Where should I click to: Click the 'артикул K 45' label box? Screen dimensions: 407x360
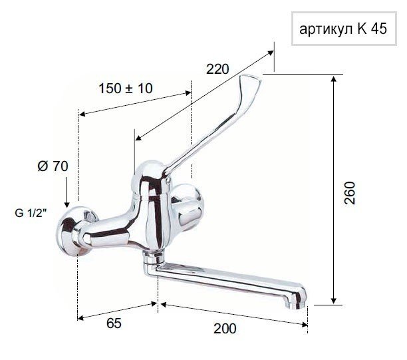point(344,29)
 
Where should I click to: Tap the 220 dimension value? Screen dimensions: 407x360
point(217,69)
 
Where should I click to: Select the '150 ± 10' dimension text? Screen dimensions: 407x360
point(126,89)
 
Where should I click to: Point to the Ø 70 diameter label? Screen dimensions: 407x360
point(53,166)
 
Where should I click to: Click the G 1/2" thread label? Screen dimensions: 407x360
point(31,213)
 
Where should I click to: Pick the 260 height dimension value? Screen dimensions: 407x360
point(349,193)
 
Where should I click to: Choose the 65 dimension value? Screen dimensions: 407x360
point(114,323)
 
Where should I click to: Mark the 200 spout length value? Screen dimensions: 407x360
point(225,329)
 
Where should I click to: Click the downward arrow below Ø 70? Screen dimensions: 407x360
point(67,192)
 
